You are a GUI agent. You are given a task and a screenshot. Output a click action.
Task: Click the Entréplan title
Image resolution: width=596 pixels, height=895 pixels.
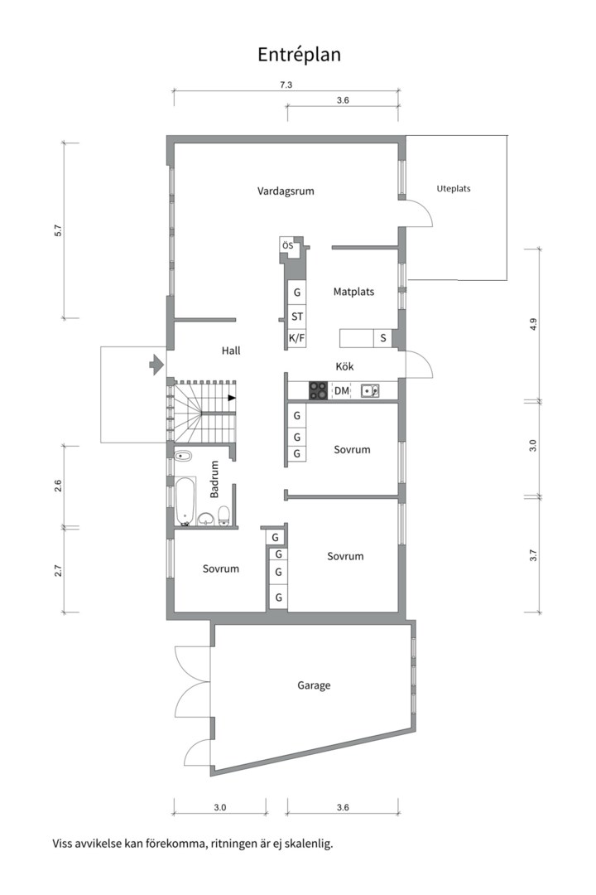point(299,55)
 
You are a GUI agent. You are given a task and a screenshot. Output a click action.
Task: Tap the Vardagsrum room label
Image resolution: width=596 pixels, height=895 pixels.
point(286,191)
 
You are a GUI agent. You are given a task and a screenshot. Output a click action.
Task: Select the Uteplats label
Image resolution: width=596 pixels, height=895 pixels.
point(453,188)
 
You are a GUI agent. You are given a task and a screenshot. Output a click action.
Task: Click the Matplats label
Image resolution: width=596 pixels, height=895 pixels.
point(353,292)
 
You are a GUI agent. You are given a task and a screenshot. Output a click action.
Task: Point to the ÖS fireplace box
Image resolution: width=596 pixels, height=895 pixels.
point(287,245)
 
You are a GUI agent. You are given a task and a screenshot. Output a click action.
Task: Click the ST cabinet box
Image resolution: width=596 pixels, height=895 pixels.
point(296,317)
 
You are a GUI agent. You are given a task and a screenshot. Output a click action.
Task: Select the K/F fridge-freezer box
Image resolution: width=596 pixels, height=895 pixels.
point(296,338)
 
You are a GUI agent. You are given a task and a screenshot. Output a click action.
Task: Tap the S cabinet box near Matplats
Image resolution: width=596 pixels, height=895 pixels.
point(382,338)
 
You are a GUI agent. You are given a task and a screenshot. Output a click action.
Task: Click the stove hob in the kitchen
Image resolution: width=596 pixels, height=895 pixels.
point(318,390)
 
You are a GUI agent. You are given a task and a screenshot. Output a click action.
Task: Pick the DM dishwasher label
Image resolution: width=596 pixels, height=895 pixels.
point(341,390)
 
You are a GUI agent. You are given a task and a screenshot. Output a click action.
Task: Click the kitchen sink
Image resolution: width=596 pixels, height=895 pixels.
point(369,390)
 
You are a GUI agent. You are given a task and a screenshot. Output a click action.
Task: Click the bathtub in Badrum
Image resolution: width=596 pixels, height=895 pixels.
point(185,500)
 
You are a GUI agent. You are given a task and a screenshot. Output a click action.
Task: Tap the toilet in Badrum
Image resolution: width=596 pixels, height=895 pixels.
point(223,517)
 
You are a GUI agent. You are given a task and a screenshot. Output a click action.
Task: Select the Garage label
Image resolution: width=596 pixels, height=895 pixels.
point(314,685)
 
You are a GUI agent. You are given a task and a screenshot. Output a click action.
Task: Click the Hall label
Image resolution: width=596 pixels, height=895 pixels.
point(231,351)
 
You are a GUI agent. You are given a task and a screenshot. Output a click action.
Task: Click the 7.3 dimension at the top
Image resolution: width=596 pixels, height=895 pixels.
point(286,85)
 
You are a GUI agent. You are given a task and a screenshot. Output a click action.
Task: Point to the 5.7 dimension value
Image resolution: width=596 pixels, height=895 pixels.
point(58,231)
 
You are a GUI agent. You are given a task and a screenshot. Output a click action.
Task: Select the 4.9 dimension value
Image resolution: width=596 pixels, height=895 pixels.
point(533,324)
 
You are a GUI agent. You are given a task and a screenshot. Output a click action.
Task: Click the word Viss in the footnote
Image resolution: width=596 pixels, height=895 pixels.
point(65,844)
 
